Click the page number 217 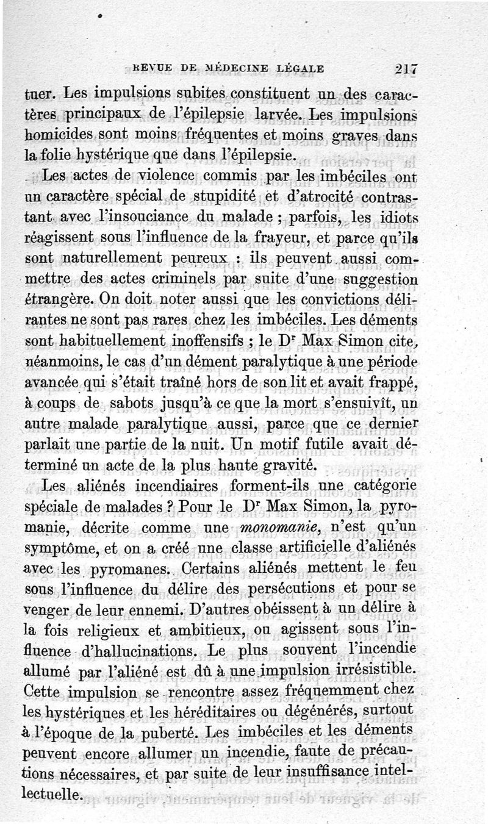click(405, 69)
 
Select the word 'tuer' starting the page click(38, 95)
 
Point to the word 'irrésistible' click(375, 670)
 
